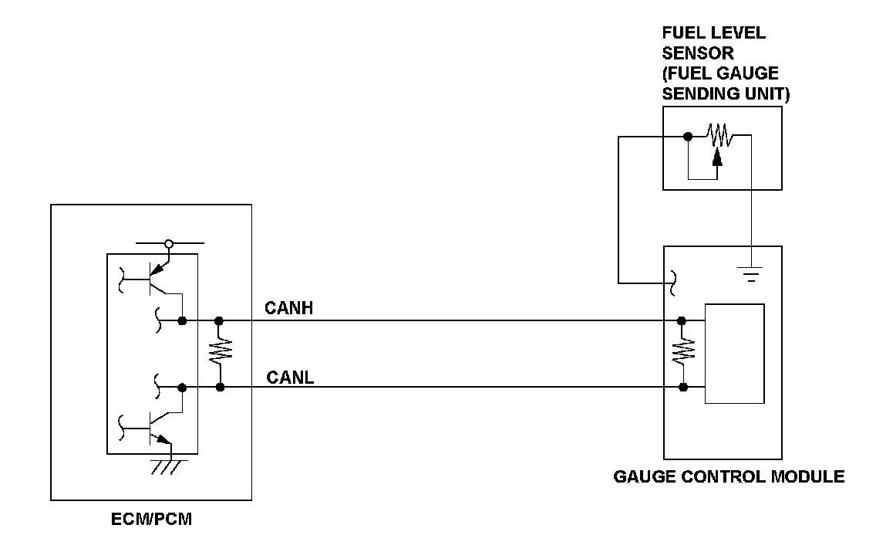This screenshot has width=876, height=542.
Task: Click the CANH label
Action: point(288,309)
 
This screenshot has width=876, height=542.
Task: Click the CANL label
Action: point(289,378)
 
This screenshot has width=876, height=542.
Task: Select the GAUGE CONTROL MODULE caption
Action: point(729,476)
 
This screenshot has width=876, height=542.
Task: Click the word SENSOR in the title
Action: point(698,54)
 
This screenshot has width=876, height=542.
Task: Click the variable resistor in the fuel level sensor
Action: point(719,137)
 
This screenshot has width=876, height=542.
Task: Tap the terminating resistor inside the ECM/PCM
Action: point(220,354)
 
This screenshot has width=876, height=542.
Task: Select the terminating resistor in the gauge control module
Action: point(682,354)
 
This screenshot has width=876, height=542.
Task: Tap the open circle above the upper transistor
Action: point(169,244)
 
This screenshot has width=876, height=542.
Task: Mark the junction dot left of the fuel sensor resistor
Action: point(687,137)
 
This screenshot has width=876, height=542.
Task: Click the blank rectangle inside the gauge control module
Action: point(735,354)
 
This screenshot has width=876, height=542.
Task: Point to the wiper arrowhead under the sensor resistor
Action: point(718,158)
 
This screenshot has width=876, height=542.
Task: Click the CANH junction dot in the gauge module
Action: point(682,320)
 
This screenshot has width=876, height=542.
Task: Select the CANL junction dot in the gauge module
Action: point(682,387)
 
